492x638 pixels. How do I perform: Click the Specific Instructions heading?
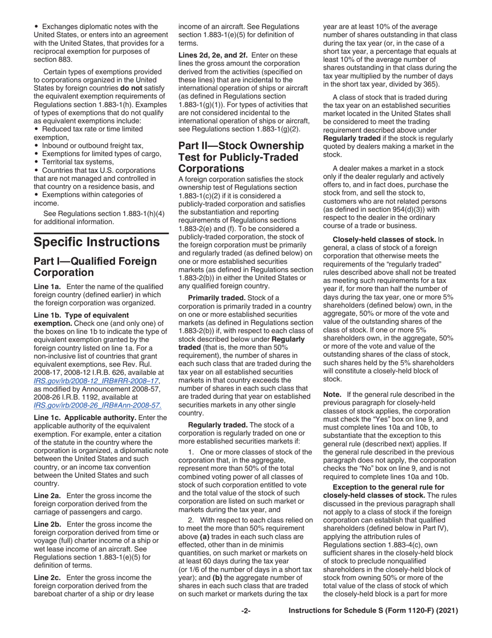(96, 242)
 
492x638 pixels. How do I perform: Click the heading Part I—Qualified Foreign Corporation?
(95, 267)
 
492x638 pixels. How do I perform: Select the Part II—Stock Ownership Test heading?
(241, 157)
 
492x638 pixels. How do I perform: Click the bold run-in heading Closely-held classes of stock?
(384, 239)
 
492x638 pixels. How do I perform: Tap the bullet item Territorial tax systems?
(78, 161)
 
